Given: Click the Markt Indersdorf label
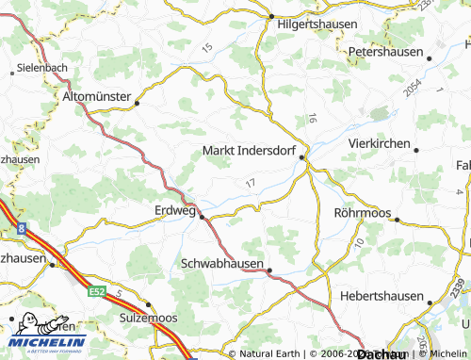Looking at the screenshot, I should [x=250, y=150].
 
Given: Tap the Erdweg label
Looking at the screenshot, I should [x=174, y=211].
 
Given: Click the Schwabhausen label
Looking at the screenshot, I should [x=221, y=264].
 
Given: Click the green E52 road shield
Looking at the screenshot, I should [x=98, y=292].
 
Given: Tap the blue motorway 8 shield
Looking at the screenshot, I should [x=21, y=227].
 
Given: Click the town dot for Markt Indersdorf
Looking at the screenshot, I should [x=302, y=158].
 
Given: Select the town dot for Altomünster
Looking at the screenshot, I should [x=138, y=104].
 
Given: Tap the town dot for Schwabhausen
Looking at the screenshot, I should [x=269, y=271].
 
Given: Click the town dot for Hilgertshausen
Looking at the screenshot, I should [x=270, y=17].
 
